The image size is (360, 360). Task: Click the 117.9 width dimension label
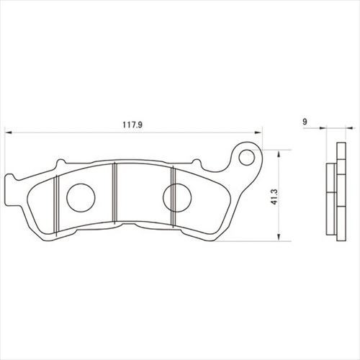pos(132,125)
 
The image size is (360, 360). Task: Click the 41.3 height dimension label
pos(274,197)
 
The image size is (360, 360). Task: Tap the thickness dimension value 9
pos(305,122)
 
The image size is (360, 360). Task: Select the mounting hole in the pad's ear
pos(247,158)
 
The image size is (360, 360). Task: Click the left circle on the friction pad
pos(81,198)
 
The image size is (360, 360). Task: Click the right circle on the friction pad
pos(177,198)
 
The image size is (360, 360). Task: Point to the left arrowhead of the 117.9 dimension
pos(9,132)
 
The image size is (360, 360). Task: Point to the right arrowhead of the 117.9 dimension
pos(258,132)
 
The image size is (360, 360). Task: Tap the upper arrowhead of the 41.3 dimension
pos(279,154)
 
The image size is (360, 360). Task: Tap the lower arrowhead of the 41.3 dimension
pos(279,237)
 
